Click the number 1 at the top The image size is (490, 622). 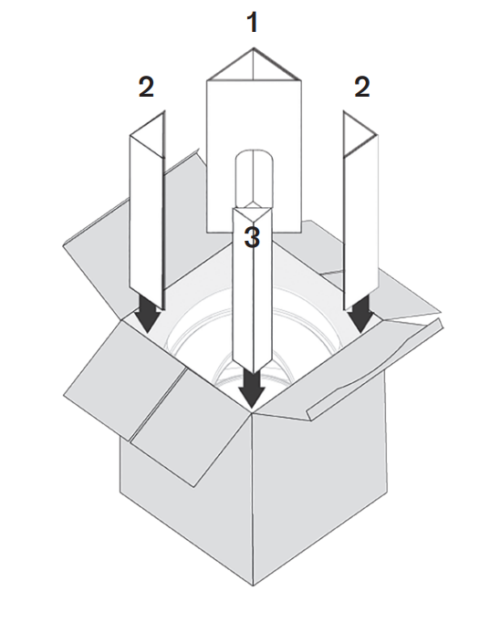253,22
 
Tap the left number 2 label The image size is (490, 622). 146,88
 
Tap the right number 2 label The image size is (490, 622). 362,88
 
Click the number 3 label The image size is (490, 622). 252,238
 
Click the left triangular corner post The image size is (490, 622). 147,211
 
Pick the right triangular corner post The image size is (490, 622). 360,211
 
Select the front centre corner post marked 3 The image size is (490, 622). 253,285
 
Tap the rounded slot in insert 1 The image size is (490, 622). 255,179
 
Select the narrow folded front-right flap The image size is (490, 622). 375,369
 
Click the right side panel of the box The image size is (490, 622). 319,484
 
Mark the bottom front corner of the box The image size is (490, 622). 253,586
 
